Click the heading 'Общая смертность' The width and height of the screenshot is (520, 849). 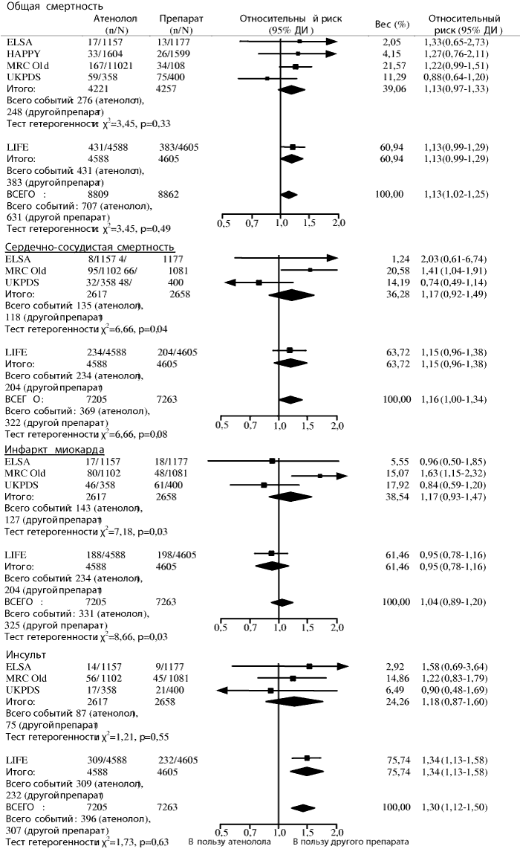(x=54, y=7)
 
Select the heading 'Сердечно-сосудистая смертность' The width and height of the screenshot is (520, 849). (x=89, y=248)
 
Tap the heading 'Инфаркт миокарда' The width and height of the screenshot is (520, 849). (x=54, y=450)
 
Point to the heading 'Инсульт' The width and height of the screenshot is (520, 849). (x=25, y=655)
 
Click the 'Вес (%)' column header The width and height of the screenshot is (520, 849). (x=392, y=25)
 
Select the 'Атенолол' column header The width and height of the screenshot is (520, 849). (x=115, y=19)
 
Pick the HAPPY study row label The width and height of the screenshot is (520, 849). (x=23, y=54)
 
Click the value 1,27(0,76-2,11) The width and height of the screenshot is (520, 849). (x=455, y=54)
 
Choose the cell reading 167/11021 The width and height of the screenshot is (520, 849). (x=111, y=65)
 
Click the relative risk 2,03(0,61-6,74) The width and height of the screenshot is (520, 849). (x=453, y=259)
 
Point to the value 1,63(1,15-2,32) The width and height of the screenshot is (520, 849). (x=453, y=474)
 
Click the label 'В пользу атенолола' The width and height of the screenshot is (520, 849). (x=230, y=842)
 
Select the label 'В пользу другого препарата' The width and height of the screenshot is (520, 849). (x=351, y=842)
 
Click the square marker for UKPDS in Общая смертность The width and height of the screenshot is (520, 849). (x=267, y=78)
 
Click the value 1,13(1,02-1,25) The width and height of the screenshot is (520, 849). (x=456, y=194)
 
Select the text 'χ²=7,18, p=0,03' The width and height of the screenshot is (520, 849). (x=134, y=532)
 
